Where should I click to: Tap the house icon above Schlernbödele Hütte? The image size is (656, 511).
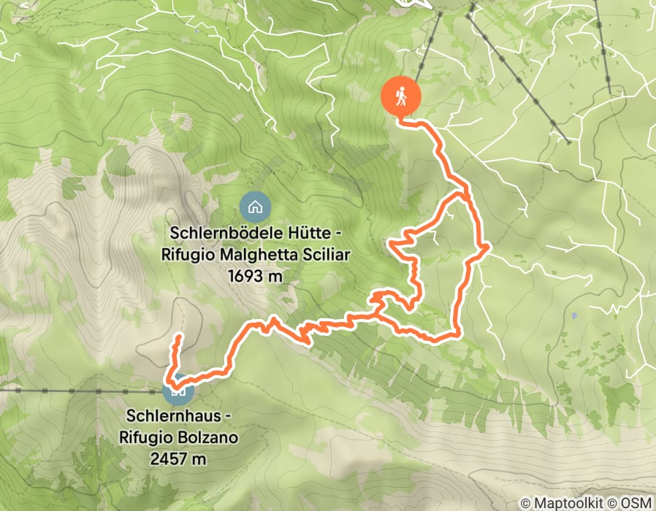coord(255,207)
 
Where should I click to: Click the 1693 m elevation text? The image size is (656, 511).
coord(255,275)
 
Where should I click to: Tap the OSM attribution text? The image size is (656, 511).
coord(635,503)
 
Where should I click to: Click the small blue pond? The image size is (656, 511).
coord(575,316)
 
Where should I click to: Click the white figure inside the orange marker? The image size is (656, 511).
coord(402,96)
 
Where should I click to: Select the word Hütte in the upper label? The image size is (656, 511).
coord(300,234)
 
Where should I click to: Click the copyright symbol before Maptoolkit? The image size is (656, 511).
coord(527,503)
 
